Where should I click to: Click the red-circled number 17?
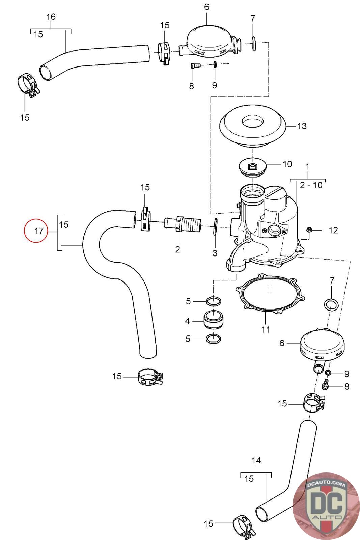tap(39, 231)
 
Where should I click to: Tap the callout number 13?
tap(302, 126)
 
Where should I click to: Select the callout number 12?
tap(333, 231)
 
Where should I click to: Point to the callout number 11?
tap(266, 329)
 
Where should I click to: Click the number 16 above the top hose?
tap(51, 17)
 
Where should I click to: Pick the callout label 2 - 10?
tap(311, 185)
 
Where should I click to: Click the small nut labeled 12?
tap(309, 230)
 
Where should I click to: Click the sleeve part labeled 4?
tap(214, 320)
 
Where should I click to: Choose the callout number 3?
tap(215, 253)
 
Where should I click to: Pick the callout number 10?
tap(287, 164)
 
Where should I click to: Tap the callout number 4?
tap(188, 321)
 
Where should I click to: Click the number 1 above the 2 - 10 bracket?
tap(307, 166)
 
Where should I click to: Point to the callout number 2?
tap(177, 249)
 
